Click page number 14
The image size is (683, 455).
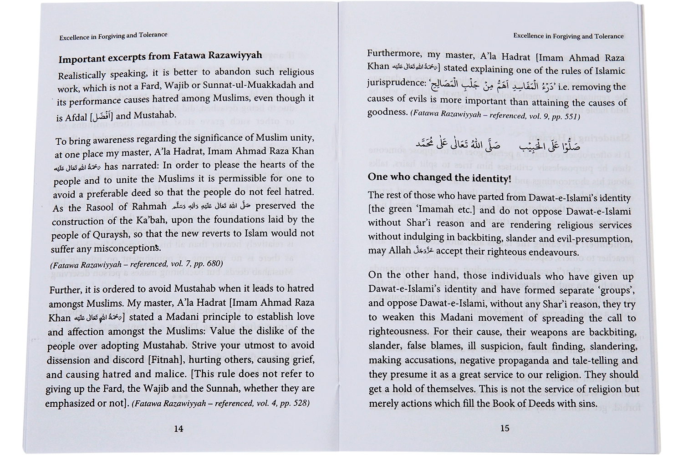[x=178, y=429]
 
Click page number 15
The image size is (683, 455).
[x=505, y=428]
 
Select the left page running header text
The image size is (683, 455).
[x=113, y=36]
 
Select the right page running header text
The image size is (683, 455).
[x=568, y=36]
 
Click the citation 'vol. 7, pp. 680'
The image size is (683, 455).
[x=194, y=263]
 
